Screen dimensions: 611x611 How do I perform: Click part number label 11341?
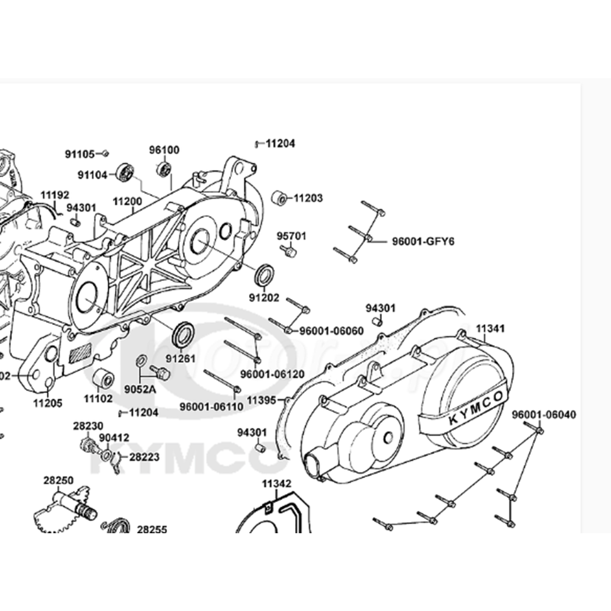point(490,328)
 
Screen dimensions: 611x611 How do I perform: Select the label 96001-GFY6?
point(423,242)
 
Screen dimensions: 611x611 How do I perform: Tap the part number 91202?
point(264,298)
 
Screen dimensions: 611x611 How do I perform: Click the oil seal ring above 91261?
point(183,334)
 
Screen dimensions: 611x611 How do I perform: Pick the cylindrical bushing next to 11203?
point(280,198)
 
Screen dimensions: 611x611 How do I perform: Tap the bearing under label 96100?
point(164,168)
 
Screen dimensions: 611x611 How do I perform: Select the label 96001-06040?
point(544,415)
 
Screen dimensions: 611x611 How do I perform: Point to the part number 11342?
point(277,484)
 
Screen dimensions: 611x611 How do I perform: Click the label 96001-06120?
point(272,374)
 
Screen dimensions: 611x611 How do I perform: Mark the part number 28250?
point(59,480)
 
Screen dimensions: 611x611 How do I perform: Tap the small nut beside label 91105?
point(105,154)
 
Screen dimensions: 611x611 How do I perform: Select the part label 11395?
point(262,400)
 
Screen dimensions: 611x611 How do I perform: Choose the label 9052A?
point(140,389)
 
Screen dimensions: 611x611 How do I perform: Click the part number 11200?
point(127,202)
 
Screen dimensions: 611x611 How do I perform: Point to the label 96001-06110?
point(211,406)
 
